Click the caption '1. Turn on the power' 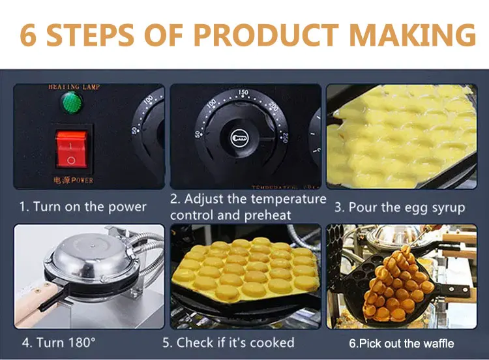(83, 207)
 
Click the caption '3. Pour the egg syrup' (400, 207)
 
